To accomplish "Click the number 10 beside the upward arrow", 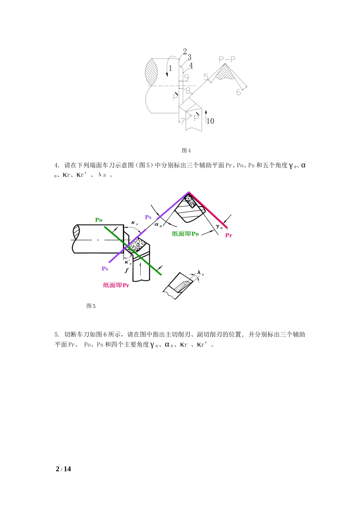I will click(x=210, y=121).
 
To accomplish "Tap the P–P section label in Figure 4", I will click(x=227, y=59).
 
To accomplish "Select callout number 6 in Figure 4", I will click(x=238, y=92).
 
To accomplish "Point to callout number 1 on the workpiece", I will click(x=171, y=68).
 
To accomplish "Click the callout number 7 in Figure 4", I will click(x=183, y=121).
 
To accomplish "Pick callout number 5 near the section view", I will click(x=206, y=77).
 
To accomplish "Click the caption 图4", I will click(x=186, y=151).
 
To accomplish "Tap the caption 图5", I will click(x=91, y=306).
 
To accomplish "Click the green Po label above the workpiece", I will click(x=99, y=220).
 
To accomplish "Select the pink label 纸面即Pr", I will click(x=116, y=285).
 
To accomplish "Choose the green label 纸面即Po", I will click(x=185, y=234).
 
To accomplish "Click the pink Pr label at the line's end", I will click(x=229, y=235).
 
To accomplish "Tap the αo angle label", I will click(x=158, y=225).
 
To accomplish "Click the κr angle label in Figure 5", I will click(x=135, y=223).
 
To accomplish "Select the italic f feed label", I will click(x=127, y=270).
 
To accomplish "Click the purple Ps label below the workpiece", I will click(x=105, y=269).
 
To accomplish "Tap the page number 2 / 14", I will click(x=63, y=469).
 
